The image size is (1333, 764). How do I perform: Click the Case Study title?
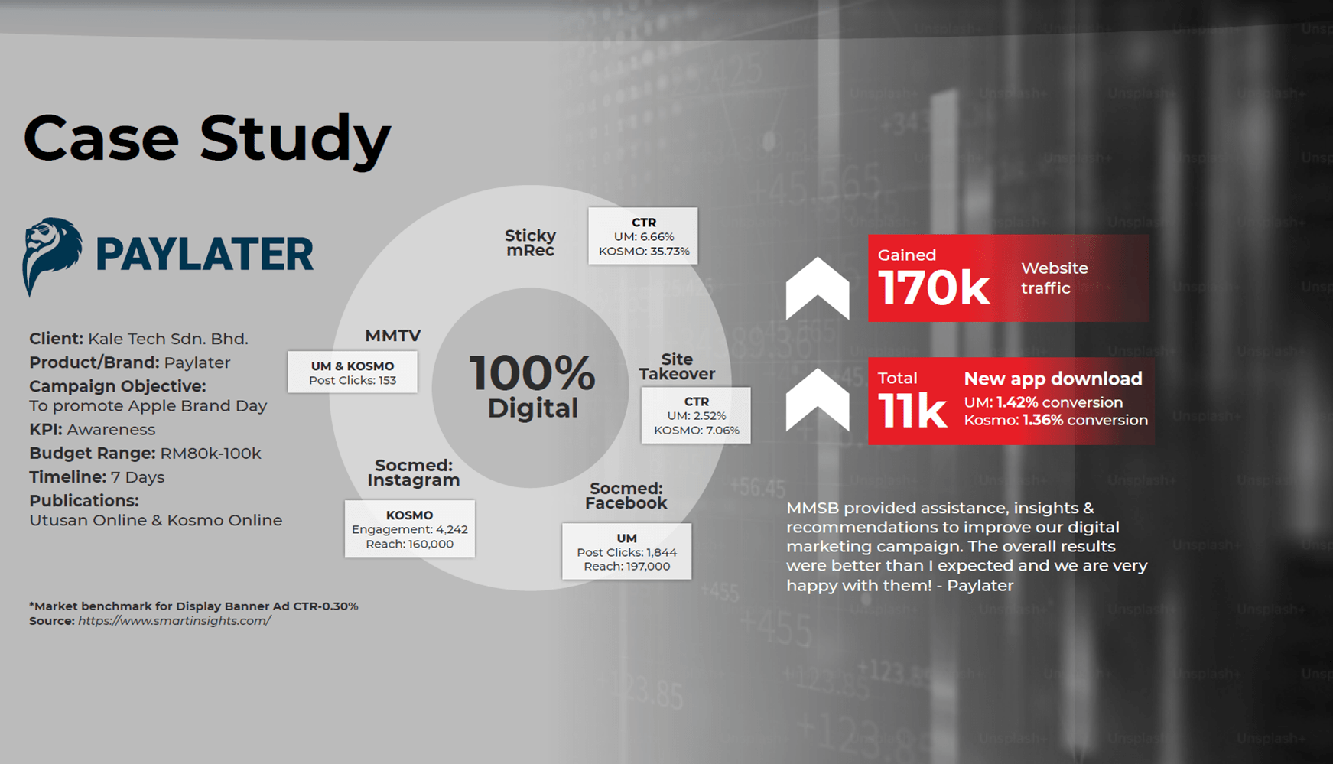pos(207,138)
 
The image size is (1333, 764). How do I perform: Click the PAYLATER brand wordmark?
pos(204,255)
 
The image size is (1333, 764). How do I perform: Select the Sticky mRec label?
pos(530,242)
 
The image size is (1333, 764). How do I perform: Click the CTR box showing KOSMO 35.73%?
pos(643,236)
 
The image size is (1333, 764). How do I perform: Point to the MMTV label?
pos(392,336)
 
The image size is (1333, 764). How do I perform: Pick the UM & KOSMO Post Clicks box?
pos(353,372)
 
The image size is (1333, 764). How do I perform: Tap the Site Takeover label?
pos(677,366)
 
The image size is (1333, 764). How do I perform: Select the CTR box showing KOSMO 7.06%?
pos(696,415)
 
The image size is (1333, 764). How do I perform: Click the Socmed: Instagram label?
pos(414,473)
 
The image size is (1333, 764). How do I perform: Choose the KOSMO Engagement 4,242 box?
pos(410,529)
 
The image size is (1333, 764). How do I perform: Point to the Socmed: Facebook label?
pos(626,496)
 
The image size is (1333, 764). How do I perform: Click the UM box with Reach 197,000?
pos(627,551)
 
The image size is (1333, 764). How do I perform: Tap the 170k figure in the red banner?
pos(934,288)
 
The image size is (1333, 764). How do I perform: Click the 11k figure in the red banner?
pos(912,411)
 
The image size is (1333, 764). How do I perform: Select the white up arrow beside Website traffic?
pos(818,289)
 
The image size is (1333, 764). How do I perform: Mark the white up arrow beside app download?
pos(818,400)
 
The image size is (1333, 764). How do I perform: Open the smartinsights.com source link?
pos(174,621)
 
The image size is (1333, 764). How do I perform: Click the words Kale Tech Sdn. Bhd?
pos(168,339)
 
